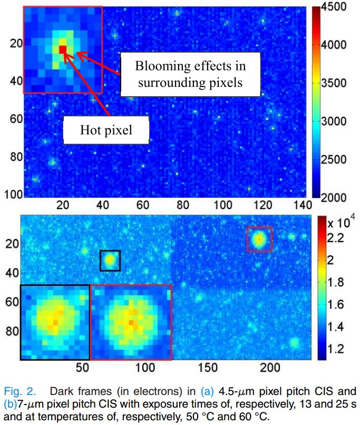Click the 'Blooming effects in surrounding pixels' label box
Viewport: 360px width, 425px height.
coord(190,74)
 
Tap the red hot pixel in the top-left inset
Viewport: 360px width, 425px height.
coord(63,49)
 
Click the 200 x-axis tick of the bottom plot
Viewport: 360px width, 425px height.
coord(270,367)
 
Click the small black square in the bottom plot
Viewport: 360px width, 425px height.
coord(110,260)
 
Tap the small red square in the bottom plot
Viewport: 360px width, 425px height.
coord(259,239)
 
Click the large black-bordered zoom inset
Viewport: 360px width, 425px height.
coord(55,322)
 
